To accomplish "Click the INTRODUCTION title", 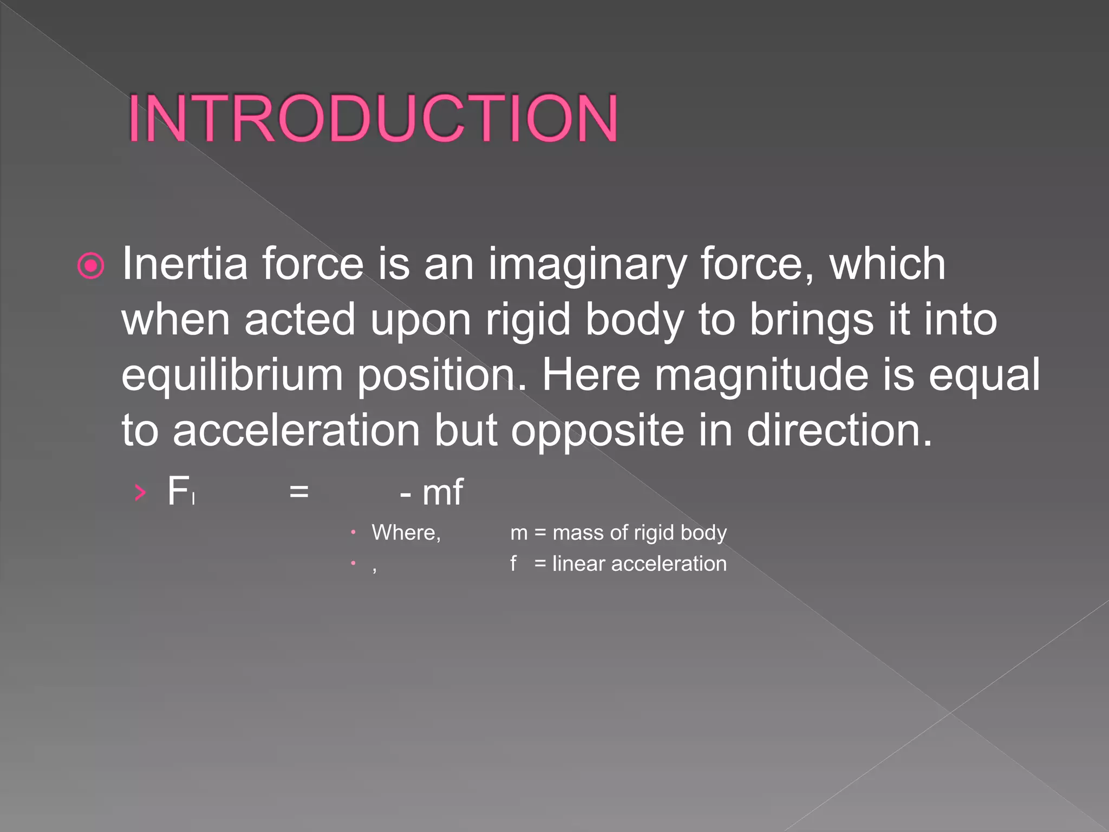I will [x=373, y=118].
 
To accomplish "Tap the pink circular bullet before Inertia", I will [x=90, y=265].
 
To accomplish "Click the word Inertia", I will [x=184, y=264].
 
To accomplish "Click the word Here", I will [x=591, y=375].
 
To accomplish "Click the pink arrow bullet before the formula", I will [x=140, y=492].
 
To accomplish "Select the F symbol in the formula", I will [x=178, y=491].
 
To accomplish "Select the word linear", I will [x=578, y=564].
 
